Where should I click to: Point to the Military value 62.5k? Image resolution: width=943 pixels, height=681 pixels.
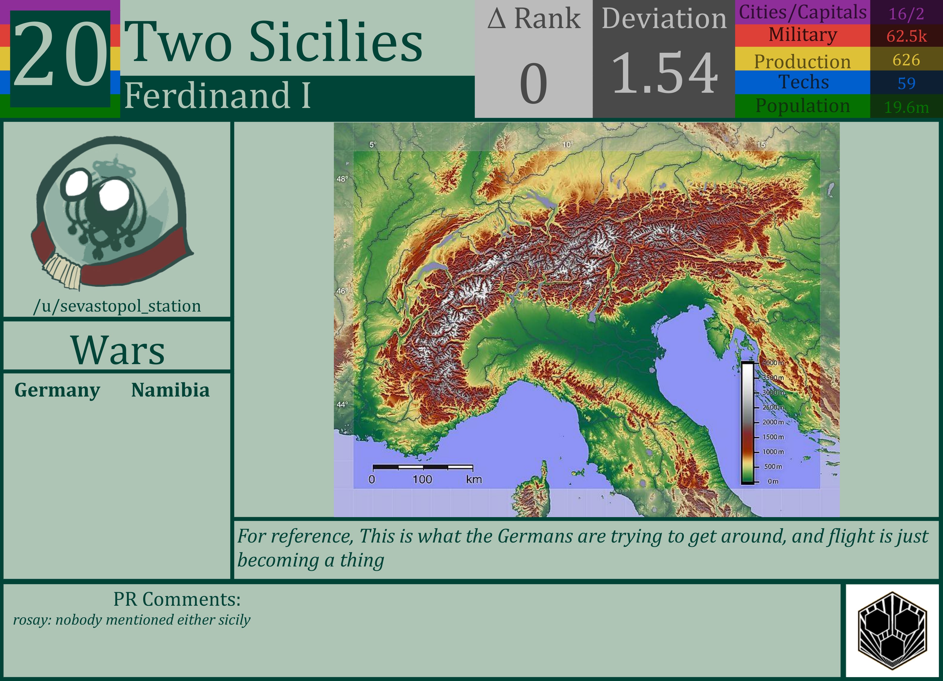tap(906, 36)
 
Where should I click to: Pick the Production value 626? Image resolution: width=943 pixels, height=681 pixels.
tap(906, 60)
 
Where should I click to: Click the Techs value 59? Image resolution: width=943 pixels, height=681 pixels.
tap(906, 83)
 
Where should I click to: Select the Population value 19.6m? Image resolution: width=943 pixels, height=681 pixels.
tap(906, 107)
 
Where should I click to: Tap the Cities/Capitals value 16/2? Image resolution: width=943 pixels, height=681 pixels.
tap(906, 14)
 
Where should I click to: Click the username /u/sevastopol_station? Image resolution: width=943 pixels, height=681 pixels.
tap(117, 306)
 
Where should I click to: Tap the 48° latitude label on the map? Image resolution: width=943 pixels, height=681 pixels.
tap(342, 179)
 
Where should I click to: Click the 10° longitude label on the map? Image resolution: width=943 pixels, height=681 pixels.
tap(567, 145)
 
